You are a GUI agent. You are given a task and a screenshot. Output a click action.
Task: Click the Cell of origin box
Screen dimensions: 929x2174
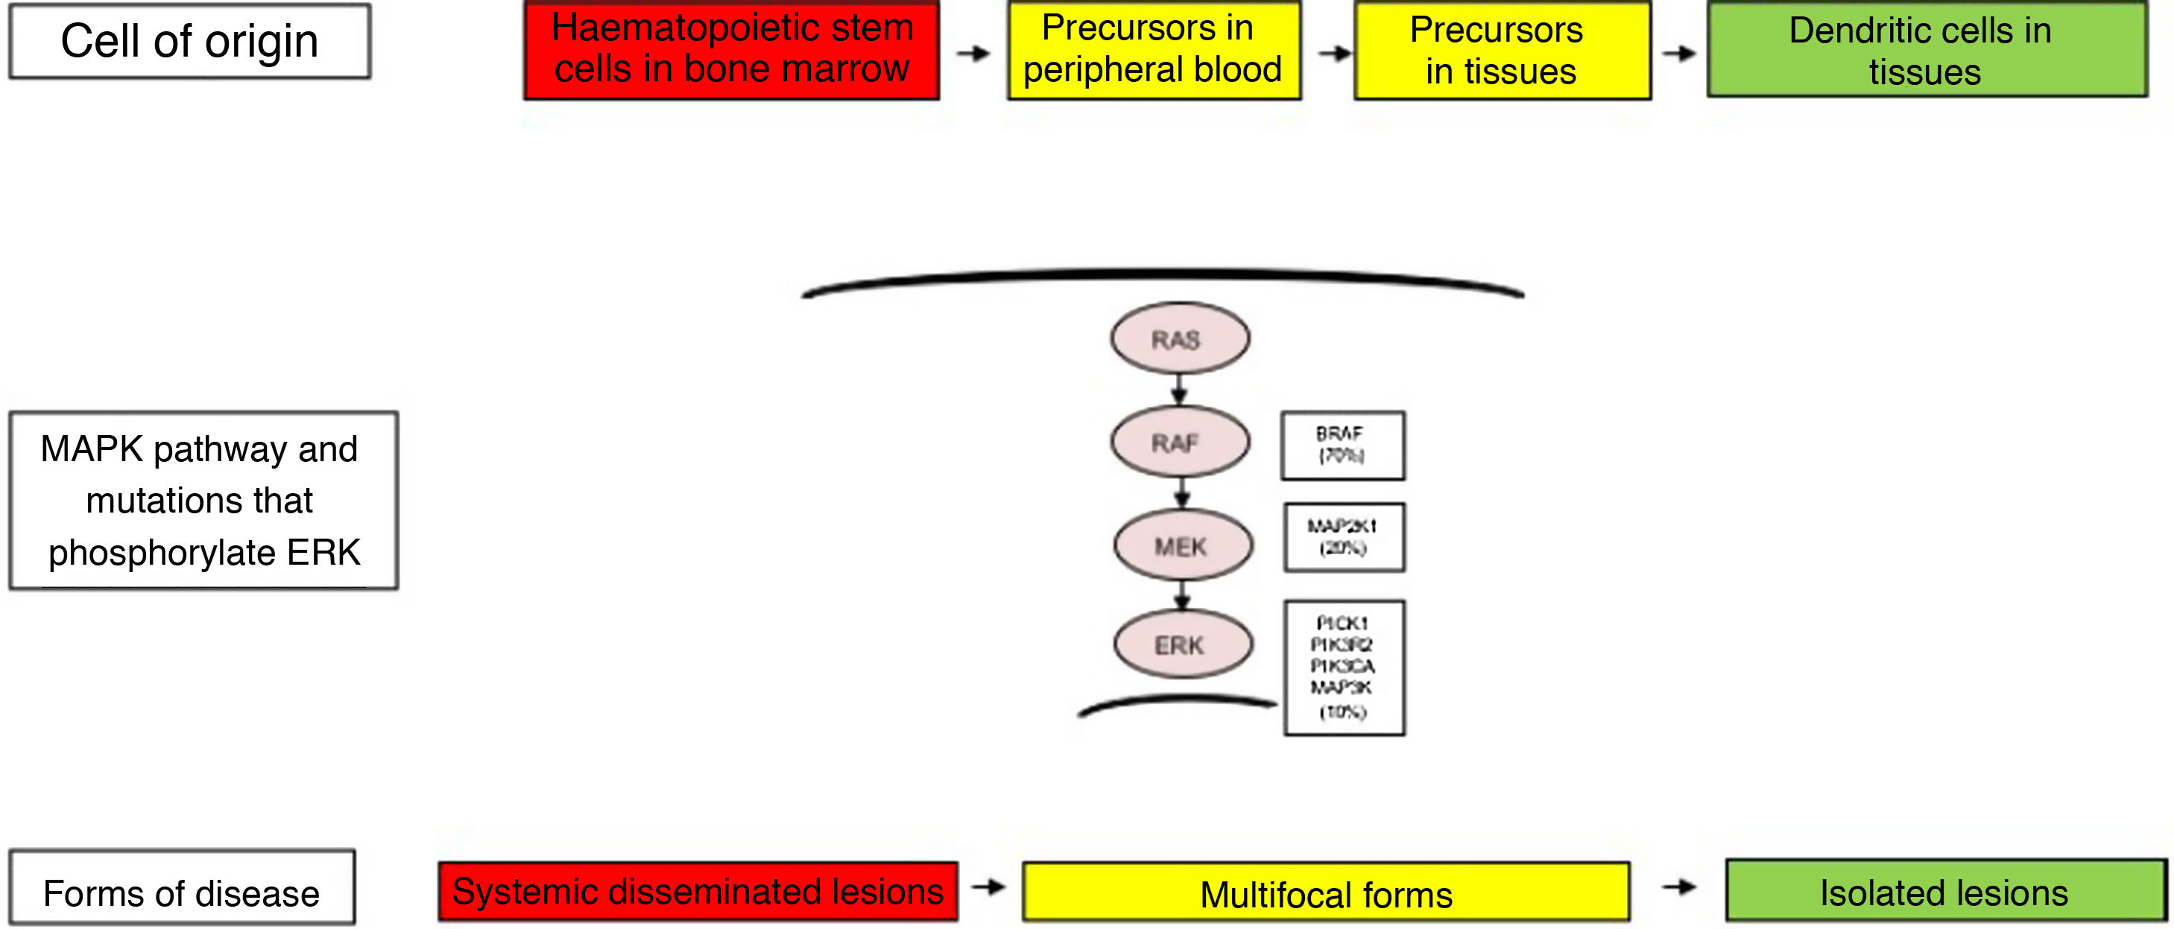pos(189,41)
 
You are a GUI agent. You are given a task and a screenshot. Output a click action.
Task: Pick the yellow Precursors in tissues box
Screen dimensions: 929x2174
pos(1502,51)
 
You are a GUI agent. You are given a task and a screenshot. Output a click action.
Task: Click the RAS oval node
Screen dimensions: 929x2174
pos(1179,338)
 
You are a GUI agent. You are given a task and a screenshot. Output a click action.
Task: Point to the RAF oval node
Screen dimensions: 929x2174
pos(1179,442)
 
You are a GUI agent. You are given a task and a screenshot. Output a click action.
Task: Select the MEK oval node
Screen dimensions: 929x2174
pos(1182,546)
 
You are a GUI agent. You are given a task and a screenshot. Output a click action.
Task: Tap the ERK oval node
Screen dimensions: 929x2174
pos(1182,644)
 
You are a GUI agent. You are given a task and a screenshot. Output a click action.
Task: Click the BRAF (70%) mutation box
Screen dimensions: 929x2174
pos(1342,446)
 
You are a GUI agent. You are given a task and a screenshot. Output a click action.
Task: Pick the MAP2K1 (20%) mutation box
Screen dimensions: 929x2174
pos(1344,537)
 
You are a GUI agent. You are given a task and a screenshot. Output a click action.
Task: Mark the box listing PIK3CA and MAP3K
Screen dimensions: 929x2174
pos(1344,668)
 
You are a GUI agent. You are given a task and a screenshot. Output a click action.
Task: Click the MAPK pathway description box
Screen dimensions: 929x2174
pos(203,501)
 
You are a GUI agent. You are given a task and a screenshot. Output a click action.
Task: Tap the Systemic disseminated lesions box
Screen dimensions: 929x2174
pos(697,891)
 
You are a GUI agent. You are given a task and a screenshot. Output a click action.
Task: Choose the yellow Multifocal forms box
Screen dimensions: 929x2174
pos(1325,892)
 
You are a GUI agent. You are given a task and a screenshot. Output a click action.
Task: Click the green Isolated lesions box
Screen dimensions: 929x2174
pos(1944,890)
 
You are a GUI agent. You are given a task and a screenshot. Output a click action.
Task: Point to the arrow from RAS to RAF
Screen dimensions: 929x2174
pos(1180,390)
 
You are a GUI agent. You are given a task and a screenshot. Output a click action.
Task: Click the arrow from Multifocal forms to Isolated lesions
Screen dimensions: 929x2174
pos(1678,887)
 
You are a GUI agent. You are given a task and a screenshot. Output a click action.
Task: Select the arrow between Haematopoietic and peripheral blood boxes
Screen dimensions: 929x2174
pos(973,53)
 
